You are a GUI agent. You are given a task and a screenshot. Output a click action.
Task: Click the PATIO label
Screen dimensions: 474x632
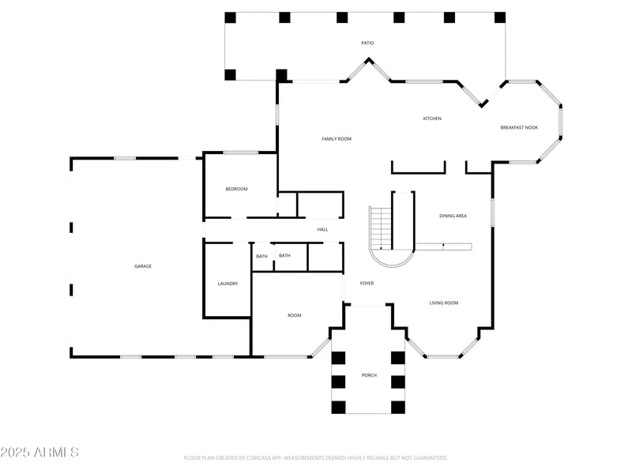[x=367, y=43]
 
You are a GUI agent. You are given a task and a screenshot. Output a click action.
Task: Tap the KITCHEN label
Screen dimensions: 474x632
[x=432, y=118]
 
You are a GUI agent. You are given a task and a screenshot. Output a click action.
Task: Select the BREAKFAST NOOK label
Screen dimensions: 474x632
[x=519, y=127]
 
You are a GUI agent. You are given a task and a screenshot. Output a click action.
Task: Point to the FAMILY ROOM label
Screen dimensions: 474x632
[x=337, y=139]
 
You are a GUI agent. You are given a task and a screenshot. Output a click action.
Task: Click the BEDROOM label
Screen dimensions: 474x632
[x=236, y=189]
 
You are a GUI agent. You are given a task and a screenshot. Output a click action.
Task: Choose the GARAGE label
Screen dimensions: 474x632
[x=143, y=266]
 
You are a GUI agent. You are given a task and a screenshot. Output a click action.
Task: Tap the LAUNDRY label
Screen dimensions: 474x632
[x=228, y=284]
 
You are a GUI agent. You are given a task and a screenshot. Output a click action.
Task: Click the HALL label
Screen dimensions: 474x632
[x=322, y=230]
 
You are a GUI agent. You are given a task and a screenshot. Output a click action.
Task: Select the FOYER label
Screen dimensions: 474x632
[x=367, y=283]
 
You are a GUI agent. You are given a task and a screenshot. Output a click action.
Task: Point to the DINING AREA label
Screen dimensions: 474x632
[x=453, y=216]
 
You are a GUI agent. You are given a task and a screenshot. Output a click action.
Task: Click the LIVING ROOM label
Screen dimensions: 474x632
[x=444, y=303]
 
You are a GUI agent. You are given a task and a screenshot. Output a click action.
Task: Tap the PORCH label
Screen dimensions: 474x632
[x=369, y=374]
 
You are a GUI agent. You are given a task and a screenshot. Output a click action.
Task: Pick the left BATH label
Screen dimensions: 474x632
[x=261, y=256]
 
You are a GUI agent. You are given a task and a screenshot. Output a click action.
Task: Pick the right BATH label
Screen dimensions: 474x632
[x=284, y=255]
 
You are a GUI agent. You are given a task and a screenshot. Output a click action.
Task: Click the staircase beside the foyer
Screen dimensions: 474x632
[x=382, y=228]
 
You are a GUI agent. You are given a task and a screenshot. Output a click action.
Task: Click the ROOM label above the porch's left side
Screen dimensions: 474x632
[x=294, y=315]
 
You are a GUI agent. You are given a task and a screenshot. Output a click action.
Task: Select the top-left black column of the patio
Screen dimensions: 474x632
[x=230, y=17]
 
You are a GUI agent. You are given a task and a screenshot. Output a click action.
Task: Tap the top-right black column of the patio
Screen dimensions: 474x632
[x=499, y=17]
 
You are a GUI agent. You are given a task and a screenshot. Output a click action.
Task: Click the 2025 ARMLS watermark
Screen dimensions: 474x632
[x=39, y=453]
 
